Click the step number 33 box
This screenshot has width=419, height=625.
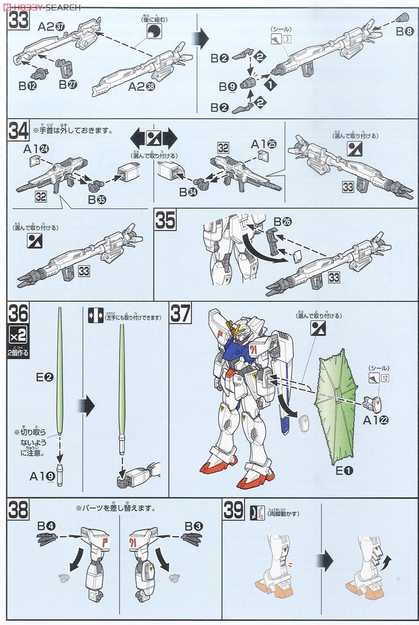click(17, 22)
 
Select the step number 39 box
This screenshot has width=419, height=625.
click(233, 509)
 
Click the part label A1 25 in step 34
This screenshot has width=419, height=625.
click(262, 143)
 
